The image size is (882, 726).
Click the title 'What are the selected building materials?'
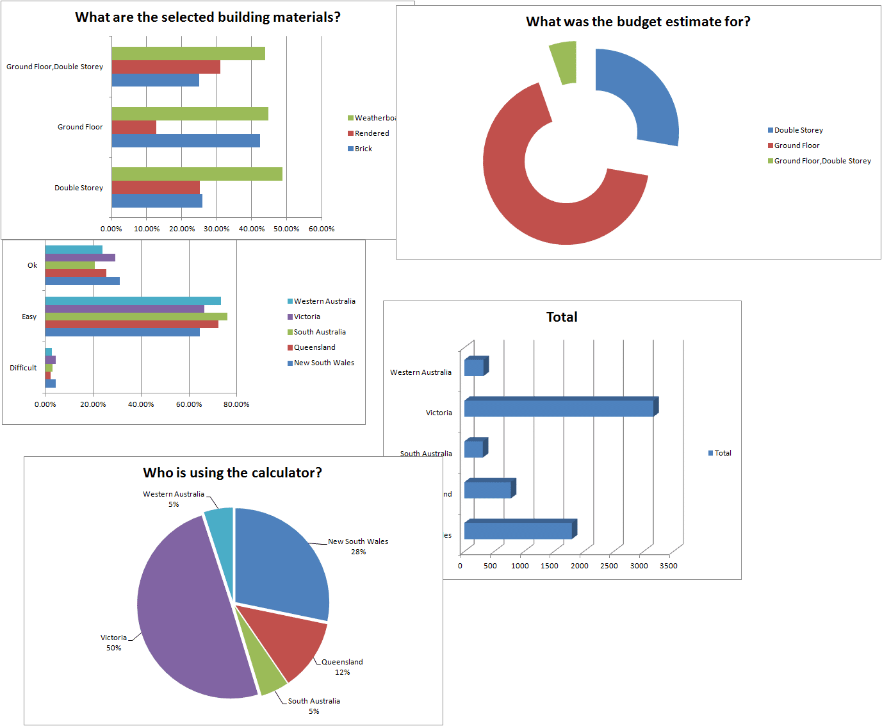tap(208, 17)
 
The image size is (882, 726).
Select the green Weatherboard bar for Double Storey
tap(197, 174)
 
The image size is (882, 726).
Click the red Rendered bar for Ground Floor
tap(134, 127)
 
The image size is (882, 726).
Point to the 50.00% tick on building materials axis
tap(286, 229)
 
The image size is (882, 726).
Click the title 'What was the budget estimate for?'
tap(638, 22)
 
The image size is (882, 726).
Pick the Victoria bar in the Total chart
tap(559, 408)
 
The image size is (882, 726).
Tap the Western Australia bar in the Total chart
tap(474, 367)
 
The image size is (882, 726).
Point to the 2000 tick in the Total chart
tap(580, 566)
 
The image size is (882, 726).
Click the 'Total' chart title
tap(562, 317)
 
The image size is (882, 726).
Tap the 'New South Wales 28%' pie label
tap(358, 547)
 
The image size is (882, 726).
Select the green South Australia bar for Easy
tap(136, 317)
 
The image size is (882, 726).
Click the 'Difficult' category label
tap(23, 368)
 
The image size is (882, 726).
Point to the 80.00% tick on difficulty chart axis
tap(236, 404)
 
